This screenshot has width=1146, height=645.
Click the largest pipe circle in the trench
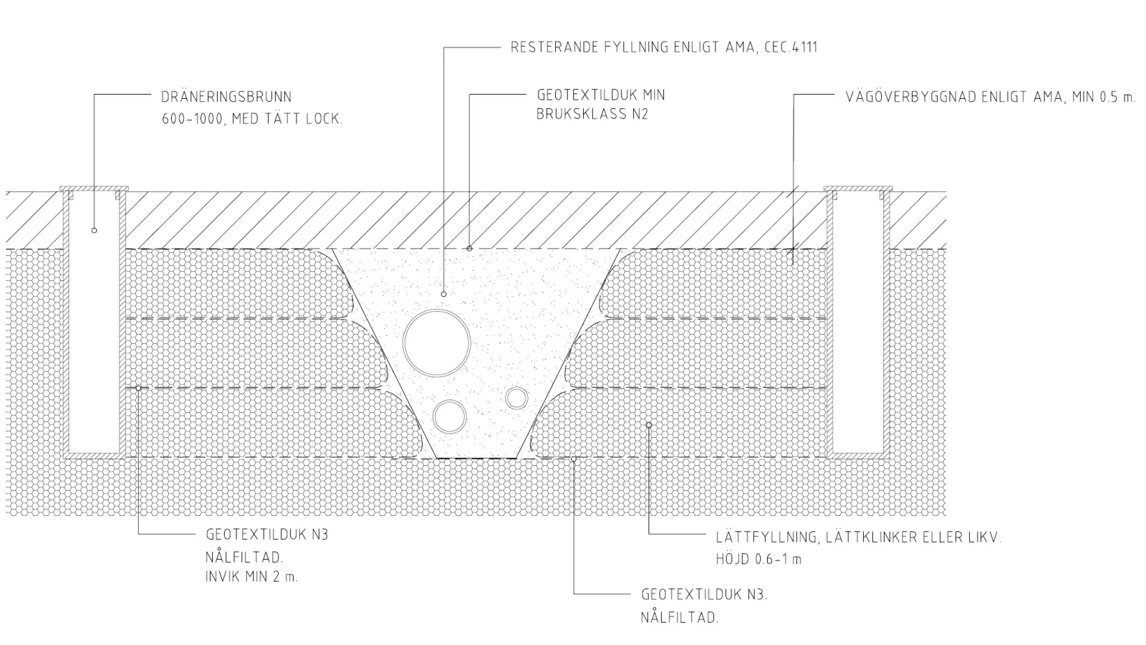[436, 343]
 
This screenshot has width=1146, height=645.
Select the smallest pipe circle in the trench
[516, 398]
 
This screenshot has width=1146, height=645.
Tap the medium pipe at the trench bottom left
[450, 416]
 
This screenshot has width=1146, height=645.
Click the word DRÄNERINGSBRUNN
[226, 97]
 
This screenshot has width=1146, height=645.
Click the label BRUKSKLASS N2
[592, 114]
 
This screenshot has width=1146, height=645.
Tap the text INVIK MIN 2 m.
[251, 576]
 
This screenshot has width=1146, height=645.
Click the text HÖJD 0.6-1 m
[759, 559]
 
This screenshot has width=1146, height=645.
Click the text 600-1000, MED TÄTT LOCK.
[252, 119]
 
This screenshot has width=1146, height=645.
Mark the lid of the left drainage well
[94, 189]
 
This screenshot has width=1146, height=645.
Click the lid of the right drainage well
[858, 189]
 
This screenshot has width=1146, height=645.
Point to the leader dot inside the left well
[94, 230]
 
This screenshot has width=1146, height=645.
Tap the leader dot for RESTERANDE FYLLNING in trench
[444, 294]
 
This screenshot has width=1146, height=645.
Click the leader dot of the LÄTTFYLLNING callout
[649, 425]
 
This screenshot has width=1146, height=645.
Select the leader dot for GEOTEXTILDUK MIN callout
[470, 248]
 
